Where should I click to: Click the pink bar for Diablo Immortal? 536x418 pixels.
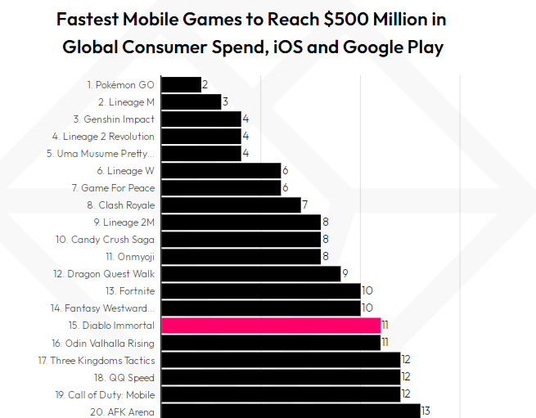271,326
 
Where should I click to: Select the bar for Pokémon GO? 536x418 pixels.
181,84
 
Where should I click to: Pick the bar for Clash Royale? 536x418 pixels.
231,205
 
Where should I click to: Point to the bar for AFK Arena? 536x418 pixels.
291,411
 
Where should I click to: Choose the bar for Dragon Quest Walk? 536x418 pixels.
250,273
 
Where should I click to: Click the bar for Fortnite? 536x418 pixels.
260,290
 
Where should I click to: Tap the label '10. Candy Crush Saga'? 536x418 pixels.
105,240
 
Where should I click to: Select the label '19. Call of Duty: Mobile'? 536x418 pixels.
105,394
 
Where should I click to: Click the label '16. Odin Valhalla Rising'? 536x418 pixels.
103,344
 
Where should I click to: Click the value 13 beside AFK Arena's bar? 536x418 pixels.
426,411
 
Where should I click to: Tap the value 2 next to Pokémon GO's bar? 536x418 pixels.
205,85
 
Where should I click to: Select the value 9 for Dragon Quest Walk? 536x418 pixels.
345,274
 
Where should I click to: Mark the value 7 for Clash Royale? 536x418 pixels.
304,205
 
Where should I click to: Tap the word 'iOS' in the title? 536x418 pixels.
282,47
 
